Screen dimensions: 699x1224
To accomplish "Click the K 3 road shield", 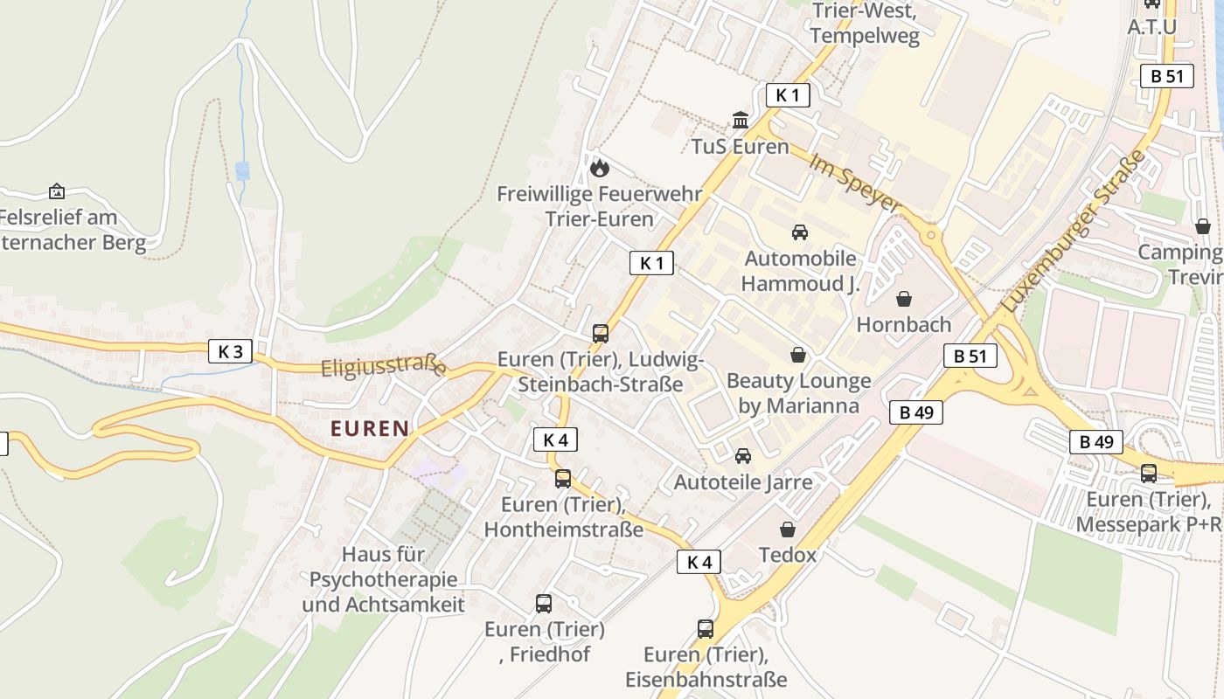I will tap(231, 352).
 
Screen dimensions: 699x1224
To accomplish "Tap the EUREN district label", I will tap(370, 428).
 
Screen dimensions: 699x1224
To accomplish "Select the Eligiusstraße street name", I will tap(383, 367).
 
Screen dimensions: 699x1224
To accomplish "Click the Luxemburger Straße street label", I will tap(1074, 232).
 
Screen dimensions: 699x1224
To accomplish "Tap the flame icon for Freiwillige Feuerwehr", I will tap(600, 167).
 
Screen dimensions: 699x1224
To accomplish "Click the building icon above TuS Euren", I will tap(741, 120).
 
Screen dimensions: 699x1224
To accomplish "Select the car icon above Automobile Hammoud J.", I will tap(799, 232).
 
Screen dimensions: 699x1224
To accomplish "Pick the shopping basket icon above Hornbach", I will tap(904, 299).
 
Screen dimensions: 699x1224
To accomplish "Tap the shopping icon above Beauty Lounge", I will tap(798, 355).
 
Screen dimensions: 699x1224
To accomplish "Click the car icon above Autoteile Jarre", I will tap(743, 456).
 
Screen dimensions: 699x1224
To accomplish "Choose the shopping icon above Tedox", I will tap(788, 529).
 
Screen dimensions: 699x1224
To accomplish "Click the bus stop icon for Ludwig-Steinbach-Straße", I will tap(601, 333).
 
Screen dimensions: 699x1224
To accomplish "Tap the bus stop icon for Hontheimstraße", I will tap(563, 479).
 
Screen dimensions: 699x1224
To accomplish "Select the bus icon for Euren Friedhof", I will tap(544, 603).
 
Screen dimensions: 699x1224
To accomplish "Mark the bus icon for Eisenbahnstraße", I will tap(706, 628).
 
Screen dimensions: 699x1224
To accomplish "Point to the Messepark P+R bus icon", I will tap(1149, 474).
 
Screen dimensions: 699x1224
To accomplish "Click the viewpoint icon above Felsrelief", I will tap(57, 191).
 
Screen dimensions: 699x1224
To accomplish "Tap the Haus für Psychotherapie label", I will tap(383, 578).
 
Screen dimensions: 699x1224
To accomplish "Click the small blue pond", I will tap(242, 170).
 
